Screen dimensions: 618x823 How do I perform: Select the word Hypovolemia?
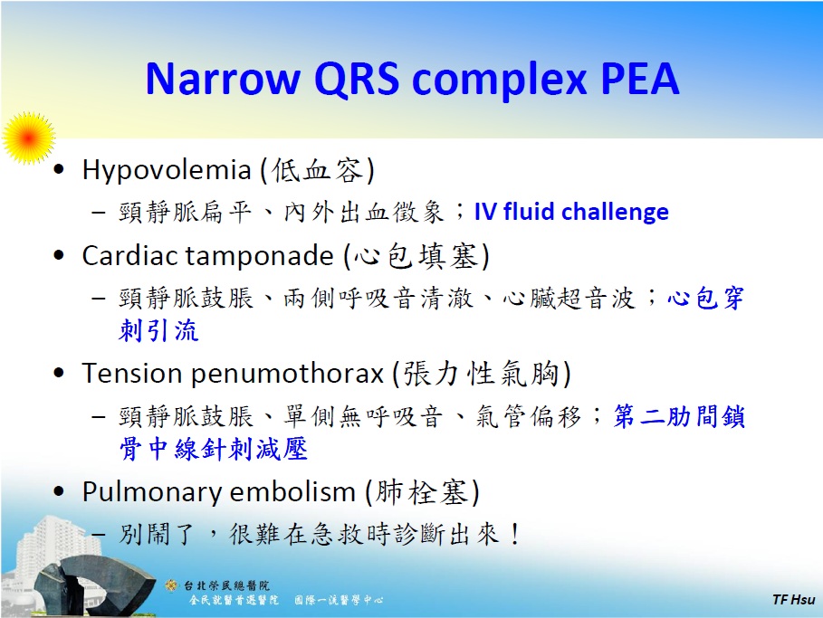tap(166, 170)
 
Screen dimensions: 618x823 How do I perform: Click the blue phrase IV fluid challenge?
tap(571, 213)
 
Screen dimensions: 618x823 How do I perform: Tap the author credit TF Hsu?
tap(792, 600)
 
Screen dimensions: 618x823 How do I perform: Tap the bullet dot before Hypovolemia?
tap(60, 171)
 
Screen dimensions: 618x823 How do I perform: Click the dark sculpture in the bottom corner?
tap(72, 579)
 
